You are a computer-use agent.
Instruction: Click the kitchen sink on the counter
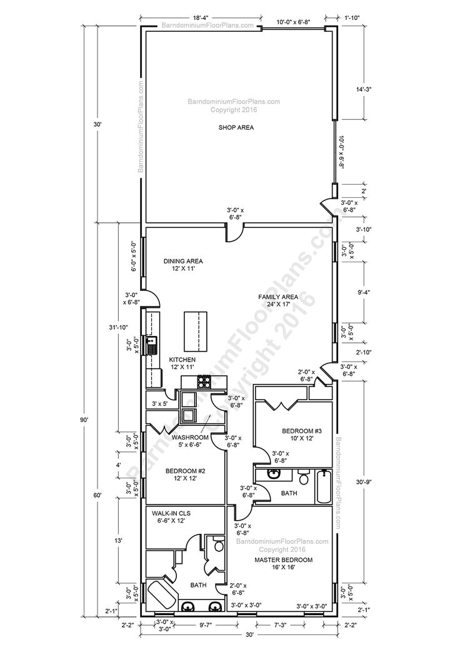151,344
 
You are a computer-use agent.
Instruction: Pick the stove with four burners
204,380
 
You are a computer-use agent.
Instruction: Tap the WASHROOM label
190,438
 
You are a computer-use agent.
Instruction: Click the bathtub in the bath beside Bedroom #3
323,487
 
